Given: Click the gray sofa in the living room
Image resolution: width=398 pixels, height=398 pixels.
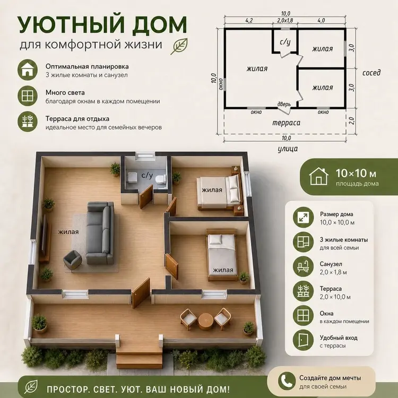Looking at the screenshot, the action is tap(100, 233).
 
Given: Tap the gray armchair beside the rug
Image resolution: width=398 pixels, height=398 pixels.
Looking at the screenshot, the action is tap(72, 259).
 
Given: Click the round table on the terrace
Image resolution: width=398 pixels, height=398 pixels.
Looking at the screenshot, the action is tap(205, 321).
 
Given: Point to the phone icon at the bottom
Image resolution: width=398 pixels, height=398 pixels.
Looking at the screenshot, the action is tap(287, 381).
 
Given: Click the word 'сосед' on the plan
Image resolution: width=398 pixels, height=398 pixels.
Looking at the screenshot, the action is tap(371, 73).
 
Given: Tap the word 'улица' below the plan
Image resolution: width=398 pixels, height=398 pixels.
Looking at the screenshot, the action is tap(288, 149).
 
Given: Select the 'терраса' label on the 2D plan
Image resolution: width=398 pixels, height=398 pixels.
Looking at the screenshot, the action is tap(286, 123).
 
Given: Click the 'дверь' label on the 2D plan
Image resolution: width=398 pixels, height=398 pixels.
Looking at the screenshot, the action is tap(284, 103).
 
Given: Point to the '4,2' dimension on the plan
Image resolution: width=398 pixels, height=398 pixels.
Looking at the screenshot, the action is tap(249, 20).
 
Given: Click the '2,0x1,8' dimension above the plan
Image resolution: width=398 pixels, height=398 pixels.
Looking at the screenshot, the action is tap(285, 20).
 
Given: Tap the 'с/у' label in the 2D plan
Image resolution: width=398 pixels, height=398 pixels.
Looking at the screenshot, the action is tap(285, 41).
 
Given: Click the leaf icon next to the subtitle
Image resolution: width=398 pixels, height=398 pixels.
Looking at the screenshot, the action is tap(179, 46).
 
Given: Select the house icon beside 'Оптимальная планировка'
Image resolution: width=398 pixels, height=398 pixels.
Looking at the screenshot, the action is tap(28, 70).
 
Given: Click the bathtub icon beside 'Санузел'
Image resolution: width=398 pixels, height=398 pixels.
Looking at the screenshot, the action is tap(303, 266).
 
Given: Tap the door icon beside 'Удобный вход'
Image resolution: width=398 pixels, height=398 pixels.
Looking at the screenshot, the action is tap(303, 340).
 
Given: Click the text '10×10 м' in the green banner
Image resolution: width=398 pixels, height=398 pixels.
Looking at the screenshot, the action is tap(356, 174).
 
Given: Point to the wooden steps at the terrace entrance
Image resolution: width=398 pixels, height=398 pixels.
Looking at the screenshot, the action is tap(140, 357).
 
